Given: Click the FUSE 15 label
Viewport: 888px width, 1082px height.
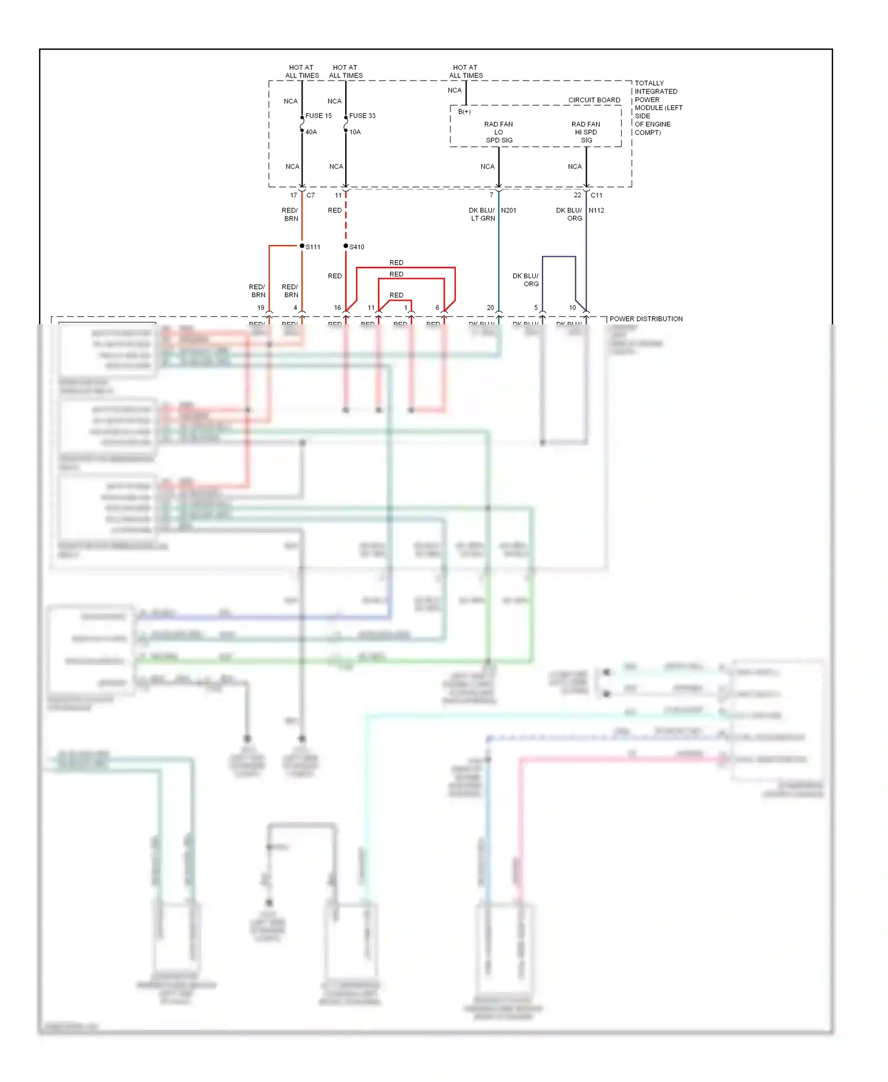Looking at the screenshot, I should point(318,116).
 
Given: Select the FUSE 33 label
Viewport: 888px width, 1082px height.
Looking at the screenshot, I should point(362,116).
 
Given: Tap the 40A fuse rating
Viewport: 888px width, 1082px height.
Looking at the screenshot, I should point(311,132).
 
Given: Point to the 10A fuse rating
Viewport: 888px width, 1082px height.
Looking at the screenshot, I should point(355,132).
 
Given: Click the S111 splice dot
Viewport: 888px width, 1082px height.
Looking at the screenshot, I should point(302,246).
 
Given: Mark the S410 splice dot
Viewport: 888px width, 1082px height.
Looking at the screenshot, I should point(346,246).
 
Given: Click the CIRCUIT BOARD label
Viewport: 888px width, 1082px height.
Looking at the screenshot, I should point(594,100).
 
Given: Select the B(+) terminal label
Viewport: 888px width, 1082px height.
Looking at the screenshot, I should point(464,112).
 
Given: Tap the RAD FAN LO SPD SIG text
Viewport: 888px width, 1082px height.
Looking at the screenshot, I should point(498,133).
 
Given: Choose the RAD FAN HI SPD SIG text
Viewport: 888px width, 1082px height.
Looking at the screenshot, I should point(586,133).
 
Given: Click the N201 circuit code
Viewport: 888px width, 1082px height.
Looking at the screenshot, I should point(509,211).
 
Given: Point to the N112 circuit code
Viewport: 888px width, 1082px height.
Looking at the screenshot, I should point(596,211).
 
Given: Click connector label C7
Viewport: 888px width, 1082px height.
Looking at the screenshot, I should point(311,195).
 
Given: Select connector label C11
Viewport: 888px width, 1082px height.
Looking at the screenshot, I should point(596,195).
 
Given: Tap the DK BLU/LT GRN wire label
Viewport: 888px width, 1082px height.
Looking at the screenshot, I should point(482,214).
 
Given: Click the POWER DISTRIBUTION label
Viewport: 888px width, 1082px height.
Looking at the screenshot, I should point(646,319).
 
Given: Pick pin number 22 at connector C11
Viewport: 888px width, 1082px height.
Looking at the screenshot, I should point(577,195).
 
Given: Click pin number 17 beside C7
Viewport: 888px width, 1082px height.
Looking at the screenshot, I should point(294,195).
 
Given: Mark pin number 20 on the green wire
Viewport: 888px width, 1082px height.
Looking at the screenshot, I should point(490,308).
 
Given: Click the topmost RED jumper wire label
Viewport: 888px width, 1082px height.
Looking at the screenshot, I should point(396,263).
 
